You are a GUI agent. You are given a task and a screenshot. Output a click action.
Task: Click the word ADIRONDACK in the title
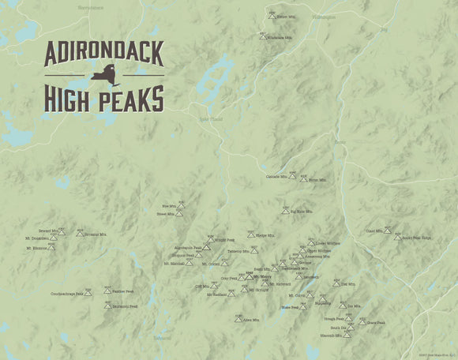pos(104,53)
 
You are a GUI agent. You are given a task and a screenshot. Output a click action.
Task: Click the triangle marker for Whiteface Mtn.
pos(262,36)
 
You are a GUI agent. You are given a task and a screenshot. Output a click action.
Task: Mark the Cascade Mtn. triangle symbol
pos(292,177)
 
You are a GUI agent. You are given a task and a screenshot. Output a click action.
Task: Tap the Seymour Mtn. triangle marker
pos(80,233)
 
